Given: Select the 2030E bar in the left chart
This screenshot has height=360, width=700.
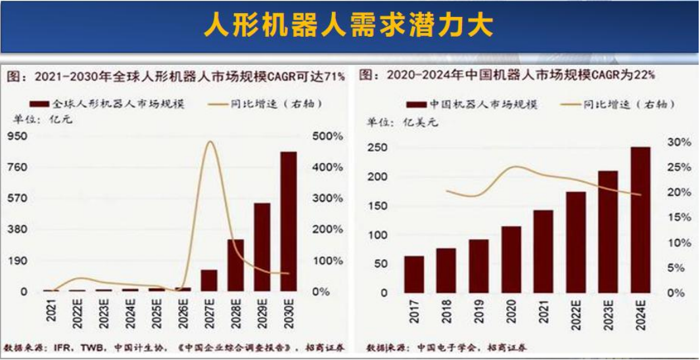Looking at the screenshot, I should [289, 221].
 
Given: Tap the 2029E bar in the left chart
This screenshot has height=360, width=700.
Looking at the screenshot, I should [262, 247].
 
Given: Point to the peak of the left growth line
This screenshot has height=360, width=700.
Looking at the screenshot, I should [210, 142].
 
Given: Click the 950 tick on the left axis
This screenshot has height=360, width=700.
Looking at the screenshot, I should [17, 137].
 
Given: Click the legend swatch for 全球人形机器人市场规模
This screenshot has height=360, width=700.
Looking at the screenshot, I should [39, 104].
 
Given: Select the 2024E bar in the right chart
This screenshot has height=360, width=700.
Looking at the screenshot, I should [640, 219].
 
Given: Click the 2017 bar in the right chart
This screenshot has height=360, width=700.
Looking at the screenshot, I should [414, 274].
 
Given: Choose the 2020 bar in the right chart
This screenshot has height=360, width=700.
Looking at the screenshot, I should [511, 259].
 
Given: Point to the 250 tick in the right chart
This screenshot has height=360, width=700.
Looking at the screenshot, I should [377, 147].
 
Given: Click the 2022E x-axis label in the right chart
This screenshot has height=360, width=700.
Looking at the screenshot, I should [576, 314].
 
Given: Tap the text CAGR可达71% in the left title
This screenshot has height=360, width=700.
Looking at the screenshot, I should [313, 77].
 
